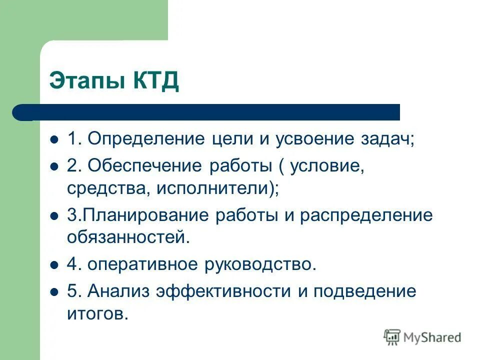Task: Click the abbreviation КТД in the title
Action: click(x=155, y=80)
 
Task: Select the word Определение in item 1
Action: click(x=145, y=139)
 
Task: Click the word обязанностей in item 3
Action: click(x=128, y=237)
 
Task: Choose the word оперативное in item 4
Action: click(x=145, y=264)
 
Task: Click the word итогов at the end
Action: click(x=95, y=313)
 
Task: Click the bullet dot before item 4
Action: click(x=55, y=264)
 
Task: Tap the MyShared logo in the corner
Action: click(x=422, y=337)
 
